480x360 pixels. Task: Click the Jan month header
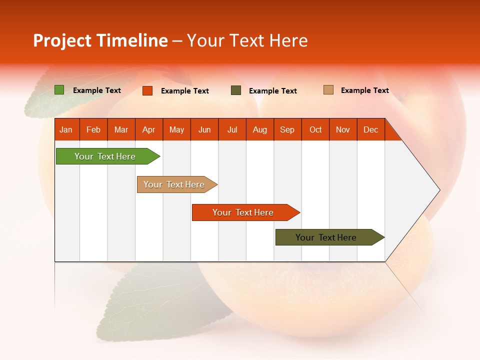point(66,129)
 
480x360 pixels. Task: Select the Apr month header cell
point(148,129)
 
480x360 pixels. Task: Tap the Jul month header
point(232,129)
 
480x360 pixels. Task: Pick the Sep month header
point(287,129)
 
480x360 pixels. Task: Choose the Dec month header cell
point(370,129)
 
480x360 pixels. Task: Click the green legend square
point(59,90)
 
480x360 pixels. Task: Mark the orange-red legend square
point(147,90)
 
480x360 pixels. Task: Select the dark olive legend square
point(236,90)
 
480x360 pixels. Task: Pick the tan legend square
point(328,90)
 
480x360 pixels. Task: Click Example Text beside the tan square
point(364,90)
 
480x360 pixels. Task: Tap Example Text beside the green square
point(97,90)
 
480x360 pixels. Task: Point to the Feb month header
point(93,129)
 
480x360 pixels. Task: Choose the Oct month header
point(315,129)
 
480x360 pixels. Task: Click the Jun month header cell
point(204,129)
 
